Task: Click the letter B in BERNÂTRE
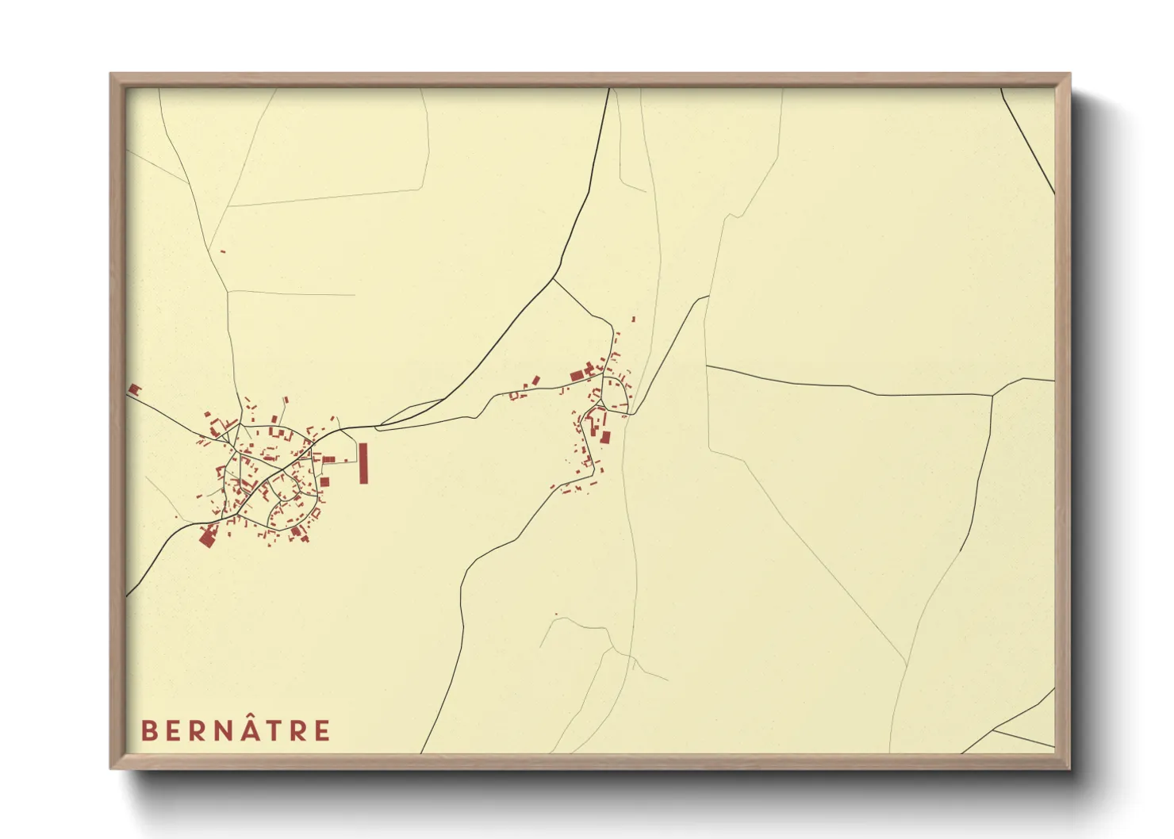pyautogui.click(x=148, y=730)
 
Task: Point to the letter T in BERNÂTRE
pyautogui.click(x=270, y=730)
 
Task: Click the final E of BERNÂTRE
pyautogui.click(x=321, y=730)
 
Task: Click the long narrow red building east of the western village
pyautogui.click(x=363, y=463)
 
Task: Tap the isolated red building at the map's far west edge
pyautogui.click(x=134, y=389)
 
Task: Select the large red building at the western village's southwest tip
pyautogui.click(x=206, y=537)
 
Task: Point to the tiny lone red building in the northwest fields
pyautogui.click(x=223, y=251)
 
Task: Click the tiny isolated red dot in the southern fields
pyautogui.click(x=556, y=615)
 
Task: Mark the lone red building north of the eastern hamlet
pyautogui.click(x=633, y=319)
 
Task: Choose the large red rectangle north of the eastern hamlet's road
pyautogui.click(x=577, y=375)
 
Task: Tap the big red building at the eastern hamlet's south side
pyautogui.click(x=606, y=437)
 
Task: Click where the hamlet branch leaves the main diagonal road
pyautogui.click(x=554, y=278)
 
